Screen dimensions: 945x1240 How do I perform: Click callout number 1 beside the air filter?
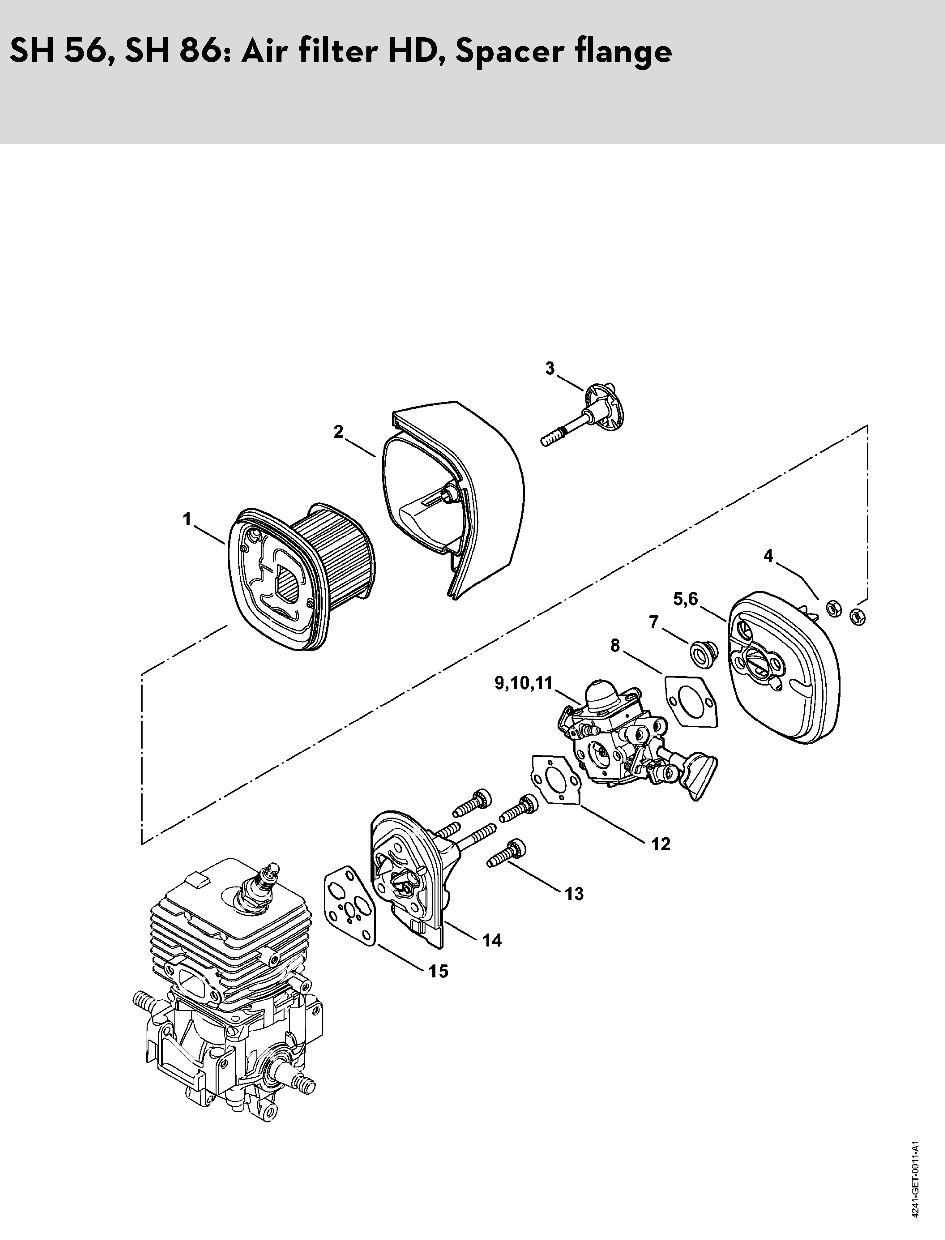point(187,519)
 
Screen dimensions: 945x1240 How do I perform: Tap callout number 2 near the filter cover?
point(338,432)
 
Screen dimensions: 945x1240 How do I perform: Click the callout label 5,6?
point(686,599)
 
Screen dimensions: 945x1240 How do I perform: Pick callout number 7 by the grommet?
point(654,623)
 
